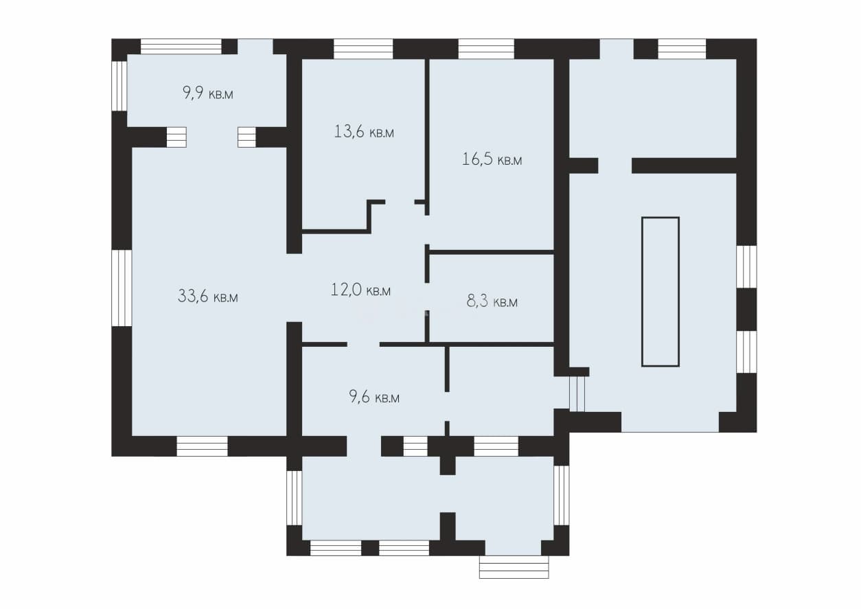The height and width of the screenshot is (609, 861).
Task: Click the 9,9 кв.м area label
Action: coord(208,93)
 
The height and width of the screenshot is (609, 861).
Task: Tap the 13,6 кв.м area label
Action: coord(364,132)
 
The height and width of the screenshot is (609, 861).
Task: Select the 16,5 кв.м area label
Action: coord(492,159)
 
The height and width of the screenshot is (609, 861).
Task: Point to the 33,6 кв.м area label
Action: coord(208,296)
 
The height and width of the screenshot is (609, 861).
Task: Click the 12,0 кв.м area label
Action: coord(360,290)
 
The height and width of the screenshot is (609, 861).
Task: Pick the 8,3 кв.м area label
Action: coord(492,301)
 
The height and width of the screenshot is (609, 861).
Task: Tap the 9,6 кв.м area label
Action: coord(374,396)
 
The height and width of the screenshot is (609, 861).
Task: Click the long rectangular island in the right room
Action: coord(661,292)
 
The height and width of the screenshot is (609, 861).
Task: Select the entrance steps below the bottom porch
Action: coord(514,566)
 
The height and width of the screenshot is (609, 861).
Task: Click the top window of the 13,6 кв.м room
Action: coord(363,49)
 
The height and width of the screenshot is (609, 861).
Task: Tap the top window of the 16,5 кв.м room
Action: coord(486,49)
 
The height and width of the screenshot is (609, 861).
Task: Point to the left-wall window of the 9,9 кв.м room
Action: coord(119,86)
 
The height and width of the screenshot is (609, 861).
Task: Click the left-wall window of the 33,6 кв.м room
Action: coord(122,288)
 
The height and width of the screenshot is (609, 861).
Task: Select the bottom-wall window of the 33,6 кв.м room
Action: coord(202,446)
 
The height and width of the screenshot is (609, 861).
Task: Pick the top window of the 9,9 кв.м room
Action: coord(181,47)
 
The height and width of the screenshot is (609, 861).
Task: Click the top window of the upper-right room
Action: coord(682,49)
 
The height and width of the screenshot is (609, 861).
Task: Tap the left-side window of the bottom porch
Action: coord(295,498)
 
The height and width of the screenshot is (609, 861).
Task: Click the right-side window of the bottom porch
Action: coord(561,495)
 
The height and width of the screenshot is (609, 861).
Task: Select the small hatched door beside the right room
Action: coord(577,394)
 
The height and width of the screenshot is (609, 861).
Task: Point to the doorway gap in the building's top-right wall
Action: coord(617,49)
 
